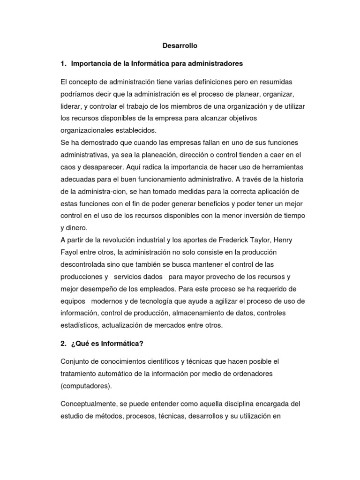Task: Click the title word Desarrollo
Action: click(x=180, y=45)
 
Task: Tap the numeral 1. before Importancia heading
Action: click(x=64, y=63)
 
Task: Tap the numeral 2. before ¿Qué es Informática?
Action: click(x=64, y=344)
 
